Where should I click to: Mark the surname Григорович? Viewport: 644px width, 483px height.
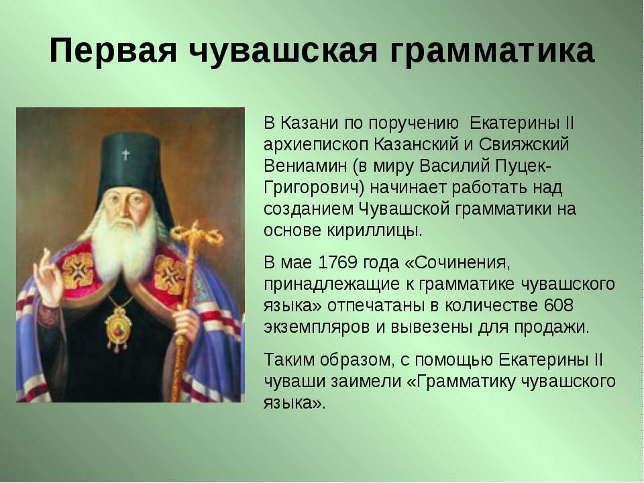tap(311, 188)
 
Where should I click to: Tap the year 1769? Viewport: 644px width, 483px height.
tap(337, 262)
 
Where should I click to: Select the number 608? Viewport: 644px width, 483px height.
tap(557, 305)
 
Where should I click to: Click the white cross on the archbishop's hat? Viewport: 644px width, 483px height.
tap(125, 154)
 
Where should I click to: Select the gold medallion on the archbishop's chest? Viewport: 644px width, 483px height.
tap(117, 328)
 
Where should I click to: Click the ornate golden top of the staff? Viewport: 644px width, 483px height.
tap(197, 237)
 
